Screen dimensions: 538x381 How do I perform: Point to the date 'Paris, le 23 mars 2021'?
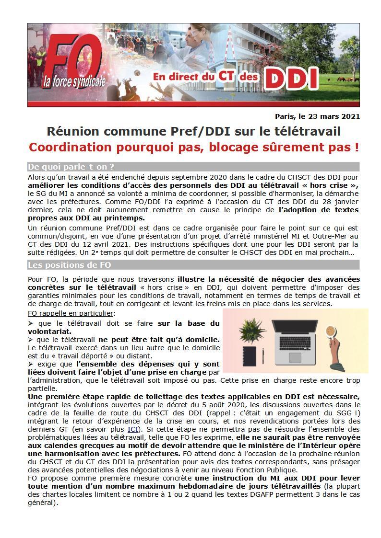click(x=317, y=116)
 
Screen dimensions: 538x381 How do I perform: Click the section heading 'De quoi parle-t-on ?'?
click(x=71, y=167)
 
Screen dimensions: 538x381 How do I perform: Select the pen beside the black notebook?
click(x=263, y=356)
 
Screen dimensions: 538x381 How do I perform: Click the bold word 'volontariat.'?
click(x=50, y=331)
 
